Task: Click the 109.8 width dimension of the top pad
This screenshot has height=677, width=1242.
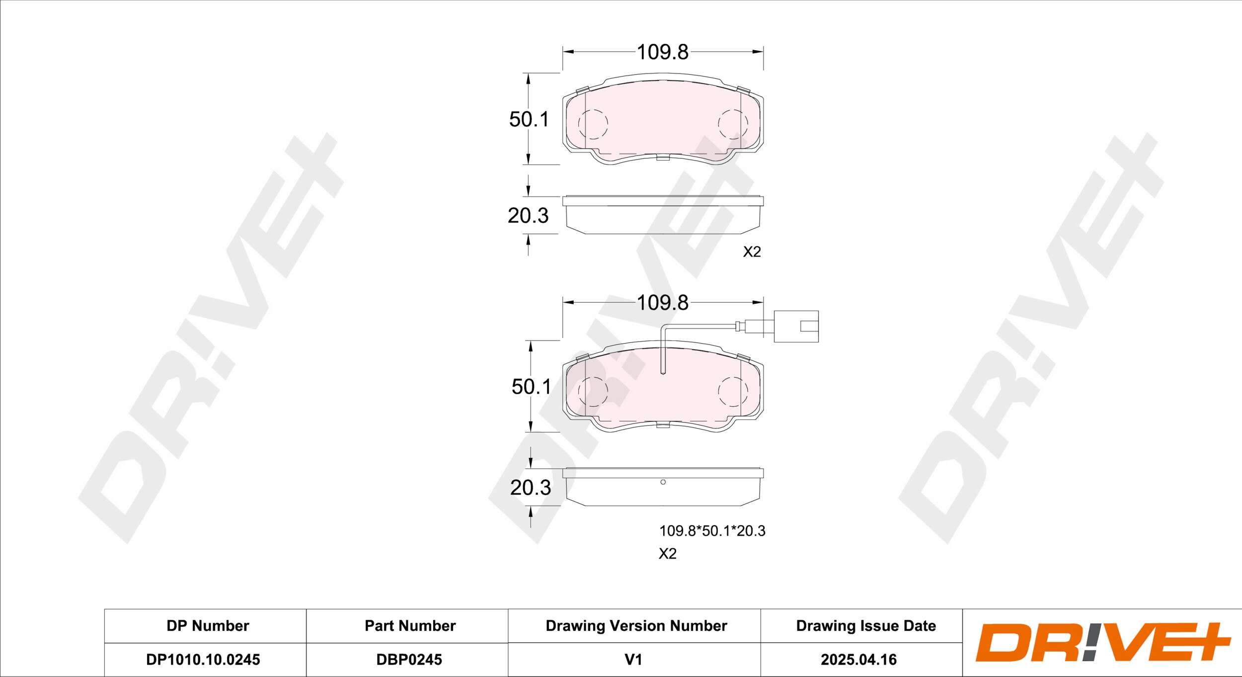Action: coord(662,52)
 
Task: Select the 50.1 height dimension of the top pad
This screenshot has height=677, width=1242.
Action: coord(529,119)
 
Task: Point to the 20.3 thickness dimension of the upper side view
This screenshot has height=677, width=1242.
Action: coord(528,215)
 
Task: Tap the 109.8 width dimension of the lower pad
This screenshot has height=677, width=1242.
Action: coord(662,303)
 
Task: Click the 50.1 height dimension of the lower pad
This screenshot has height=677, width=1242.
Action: coord(532,387)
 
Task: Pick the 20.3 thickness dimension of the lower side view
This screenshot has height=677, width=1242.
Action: coord(531,488)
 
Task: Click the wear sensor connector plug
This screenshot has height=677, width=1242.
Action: coord(796,327)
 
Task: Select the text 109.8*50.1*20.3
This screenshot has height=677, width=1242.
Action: coord(712,531)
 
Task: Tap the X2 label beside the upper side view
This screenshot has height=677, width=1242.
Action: coord(752,252)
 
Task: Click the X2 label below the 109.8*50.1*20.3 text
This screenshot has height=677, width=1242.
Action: coord(668,554)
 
